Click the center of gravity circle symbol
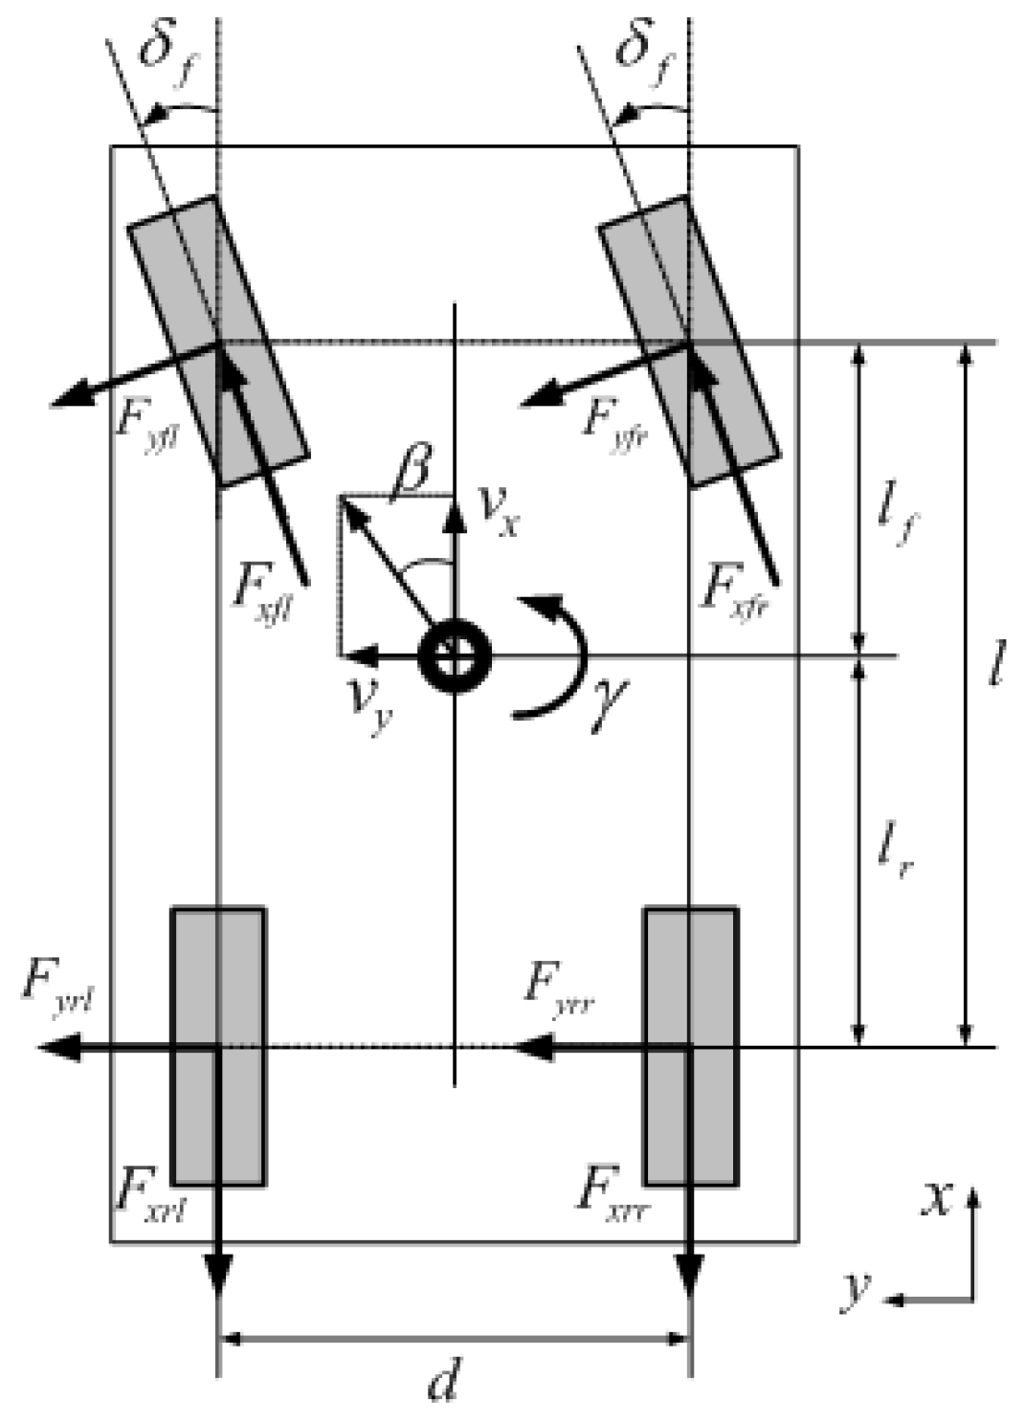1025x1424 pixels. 456,657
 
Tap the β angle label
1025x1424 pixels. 412,470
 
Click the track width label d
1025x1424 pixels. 442,1381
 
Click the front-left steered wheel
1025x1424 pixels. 218,341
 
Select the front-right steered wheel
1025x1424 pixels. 688,341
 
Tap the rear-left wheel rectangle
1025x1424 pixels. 218,1046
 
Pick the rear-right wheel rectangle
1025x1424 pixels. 690,1046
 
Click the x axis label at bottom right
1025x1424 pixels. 937,1198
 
